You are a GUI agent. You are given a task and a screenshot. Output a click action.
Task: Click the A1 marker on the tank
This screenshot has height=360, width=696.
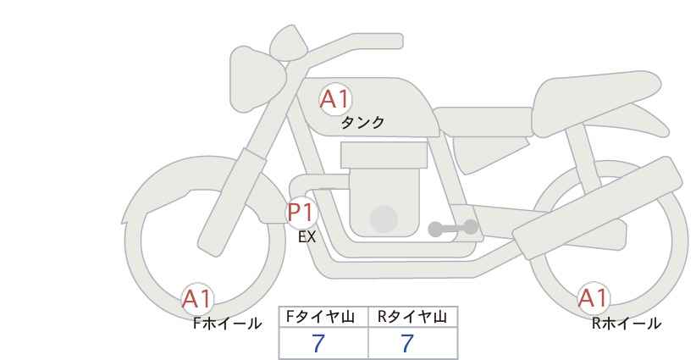[x=335, y=99]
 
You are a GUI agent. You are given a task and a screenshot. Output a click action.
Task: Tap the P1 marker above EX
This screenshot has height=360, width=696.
[x=301, y=213]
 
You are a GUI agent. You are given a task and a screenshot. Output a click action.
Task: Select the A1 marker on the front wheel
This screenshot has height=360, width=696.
[x=198, y=299]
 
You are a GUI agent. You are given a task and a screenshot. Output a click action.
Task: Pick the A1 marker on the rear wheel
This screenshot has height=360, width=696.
[x=593, y=298]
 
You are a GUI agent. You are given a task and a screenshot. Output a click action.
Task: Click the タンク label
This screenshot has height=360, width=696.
[x=362, y=123]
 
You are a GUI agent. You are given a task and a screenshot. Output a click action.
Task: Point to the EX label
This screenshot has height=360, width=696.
[x=307, y=237]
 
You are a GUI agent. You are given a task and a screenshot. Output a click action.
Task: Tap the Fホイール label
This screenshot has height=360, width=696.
[x=227, y=324]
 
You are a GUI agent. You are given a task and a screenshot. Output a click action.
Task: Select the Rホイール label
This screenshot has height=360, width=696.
[x=627, y=324]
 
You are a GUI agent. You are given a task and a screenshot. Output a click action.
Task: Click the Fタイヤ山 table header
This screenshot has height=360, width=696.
[x=320, y=317]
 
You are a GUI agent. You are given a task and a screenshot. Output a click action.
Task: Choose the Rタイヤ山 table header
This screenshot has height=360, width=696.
[x=412, y=317]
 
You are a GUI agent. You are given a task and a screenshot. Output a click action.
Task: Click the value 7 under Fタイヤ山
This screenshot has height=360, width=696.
[x=318, y=343]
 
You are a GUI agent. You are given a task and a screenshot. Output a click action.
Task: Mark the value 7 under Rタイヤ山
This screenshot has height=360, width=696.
[x=407, y=343]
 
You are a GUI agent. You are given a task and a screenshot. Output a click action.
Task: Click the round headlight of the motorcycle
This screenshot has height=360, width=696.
[x=257, y=79]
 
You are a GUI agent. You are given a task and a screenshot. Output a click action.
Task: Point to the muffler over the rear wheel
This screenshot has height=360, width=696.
[x=598, y=208]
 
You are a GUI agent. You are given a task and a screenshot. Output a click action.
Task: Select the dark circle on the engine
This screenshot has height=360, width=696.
[x=384, y=219]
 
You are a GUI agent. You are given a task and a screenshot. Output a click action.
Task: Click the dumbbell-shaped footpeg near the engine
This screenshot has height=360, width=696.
[x=453, y=228]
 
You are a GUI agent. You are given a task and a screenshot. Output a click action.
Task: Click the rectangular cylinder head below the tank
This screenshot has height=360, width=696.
[x=384, y=155]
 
